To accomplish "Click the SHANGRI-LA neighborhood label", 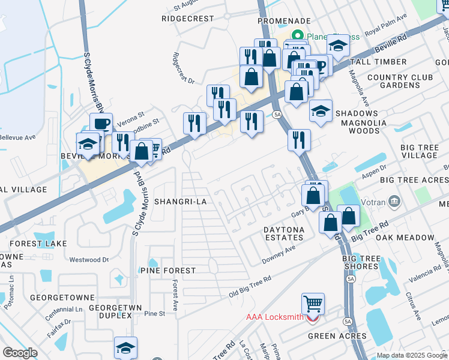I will (180, 202).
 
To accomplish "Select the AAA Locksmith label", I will (273, 317).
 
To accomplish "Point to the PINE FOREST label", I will (167, 271).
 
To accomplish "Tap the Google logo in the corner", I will (20, 353).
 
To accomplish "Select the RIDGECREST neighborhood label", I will (187, 19).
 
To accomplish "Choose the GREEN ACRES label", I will (337, 336).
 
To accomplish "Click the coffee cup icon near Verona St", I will (101, 123).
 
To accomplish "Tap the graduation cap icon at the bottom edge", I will (125, 347).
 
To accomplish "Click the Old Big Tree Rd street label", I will (250, 287).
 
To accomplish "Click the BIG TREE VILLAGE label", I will (420, 151).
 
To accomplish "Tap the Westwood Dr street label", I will (89, 260).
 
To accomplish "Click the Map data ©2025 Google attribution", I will (412, 355).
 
